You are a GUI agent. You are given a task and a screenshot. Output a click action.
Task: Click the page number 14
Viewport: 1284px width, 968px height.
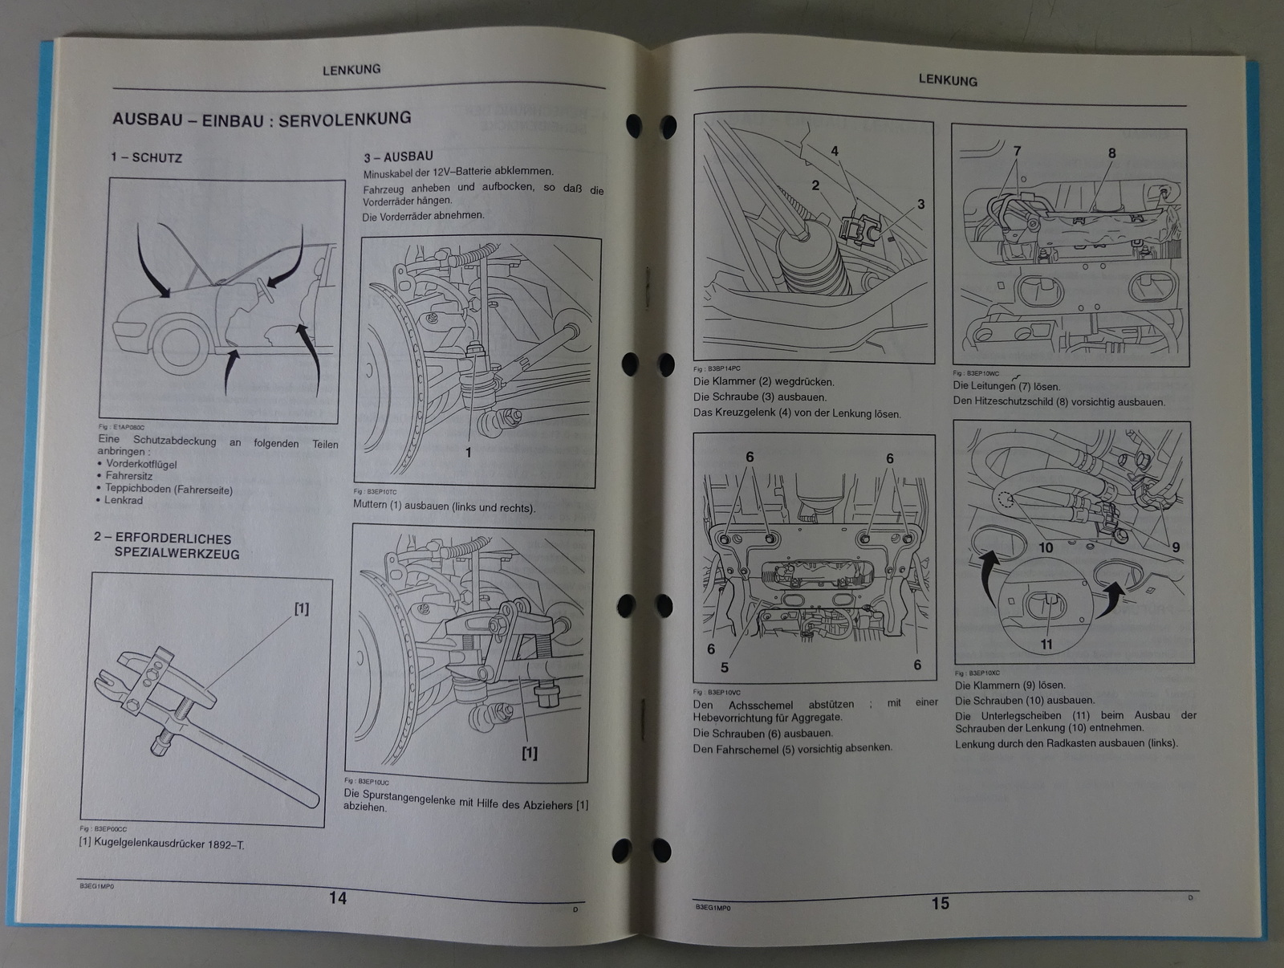(x=338, y=898)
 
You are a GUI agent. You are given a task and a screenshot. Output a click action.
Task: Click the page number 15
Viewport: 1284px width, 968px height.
(x=940, y=903)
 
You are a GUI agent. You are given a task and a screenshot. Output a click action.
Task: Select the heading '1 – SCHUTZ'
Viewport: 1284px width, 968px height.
(x=146, y=157)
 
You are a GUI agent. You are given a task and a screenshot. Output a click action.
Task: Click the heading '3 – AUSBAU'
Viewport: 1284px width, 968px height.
(x=398, y=157)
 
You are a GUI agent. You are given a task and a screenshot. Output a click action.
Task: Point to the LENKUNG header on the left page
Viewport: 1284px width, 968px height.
(x=351, y=70)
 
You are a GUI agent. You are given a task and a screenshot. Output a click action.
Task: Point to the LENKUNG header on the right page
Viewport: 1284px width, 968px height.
(x=947, y=80)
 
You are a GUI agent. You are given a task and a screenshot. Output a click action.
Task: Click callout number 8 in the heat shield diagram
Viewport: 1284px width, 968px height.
(x=1111, y=153)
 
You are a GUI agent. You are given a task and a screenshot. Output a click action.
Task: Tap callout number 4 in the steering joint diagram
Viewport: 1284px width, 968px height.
(x=835, y=151)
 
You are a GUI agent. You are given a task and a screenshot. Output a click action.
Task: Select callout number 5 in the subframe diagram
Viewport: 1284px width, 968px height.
(x=725, y=667)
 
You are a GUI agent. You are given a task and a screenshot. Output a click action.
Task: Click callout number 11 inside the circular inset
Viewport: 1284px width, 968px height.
(x=1046, y=644)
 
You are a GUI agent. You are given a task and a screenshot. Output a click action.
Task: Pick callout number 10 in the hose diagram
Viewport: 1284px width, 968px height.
(x=1046, y=547)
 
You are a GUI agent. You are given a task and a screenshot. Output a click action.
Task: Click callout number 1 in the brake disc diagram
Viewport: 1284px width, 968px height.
(x=469, y=452)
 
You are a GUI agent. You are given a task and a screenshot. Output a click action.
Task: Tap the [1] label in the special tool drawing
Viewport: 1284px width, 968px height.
(x=301, y=608)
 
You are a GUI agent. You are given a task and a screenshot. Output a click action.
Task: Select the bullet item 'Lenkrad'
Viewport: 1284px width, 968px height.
(x=123, y=500)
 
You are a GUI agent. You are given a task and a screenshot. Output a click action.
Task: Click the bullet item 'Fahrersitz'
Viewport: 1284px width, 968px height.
(x=128, y=475)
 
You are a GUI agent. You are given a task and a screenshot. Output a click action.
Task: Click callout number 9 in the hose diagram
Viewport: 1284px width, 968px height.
(x=1176, y=547)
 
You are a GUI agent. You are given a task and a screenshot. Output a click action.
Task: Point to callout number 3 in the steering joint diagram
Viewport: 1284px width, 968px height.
(x=920, y=204)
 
